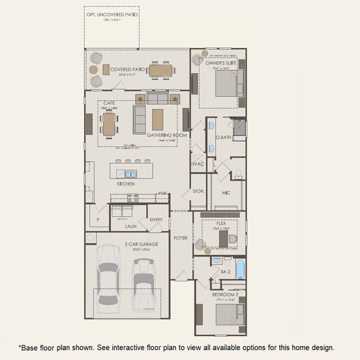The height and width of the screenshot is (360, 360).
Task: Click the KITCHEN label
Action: pyautogui.click(x=125, y=184)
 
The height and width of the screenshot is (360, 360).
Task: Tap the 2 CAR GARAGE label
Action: pyautogui.click(x=141, y=244)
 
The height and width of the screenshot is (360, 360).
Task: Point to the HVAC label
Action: pyautogui.click(x=197, y=164)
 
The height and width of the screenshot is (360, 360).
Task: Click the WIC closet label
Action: pyautogui.click(x=226, y=193)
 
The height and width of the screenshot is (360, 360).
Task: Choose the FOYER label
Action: pyautogui.click(x=180, y=238)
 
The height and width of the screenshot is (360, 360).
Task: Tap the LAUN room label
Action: pyautogui.click(x=130, y=226)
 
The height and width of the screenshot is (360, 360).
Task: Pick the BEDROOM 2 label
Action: pyautogui.click(x=226, y=294)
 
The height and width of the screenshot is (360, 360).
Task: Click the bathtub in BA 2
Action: pyautogui.click(x=240, y=269)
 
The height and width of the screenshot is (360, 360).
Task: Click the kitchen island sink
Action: pyautogui.click(x=130, y=174)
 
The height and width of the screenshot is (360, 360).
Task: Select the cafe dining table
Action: pyautogui.click(x=109, y=124)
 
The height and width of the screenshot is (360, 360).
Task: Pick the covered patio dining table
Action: pyautogui.click(x=160, y=70)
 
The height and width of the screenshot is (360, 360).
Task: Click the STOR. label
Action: pyautogui.click(x=198, y=192)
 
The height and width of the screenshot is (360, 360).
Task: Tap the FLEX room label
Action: pyautogui.click(x=221, y=223)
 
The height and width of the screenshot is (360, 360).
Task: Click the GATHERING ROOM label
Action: pyautogui.click(x=166, y=136)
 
